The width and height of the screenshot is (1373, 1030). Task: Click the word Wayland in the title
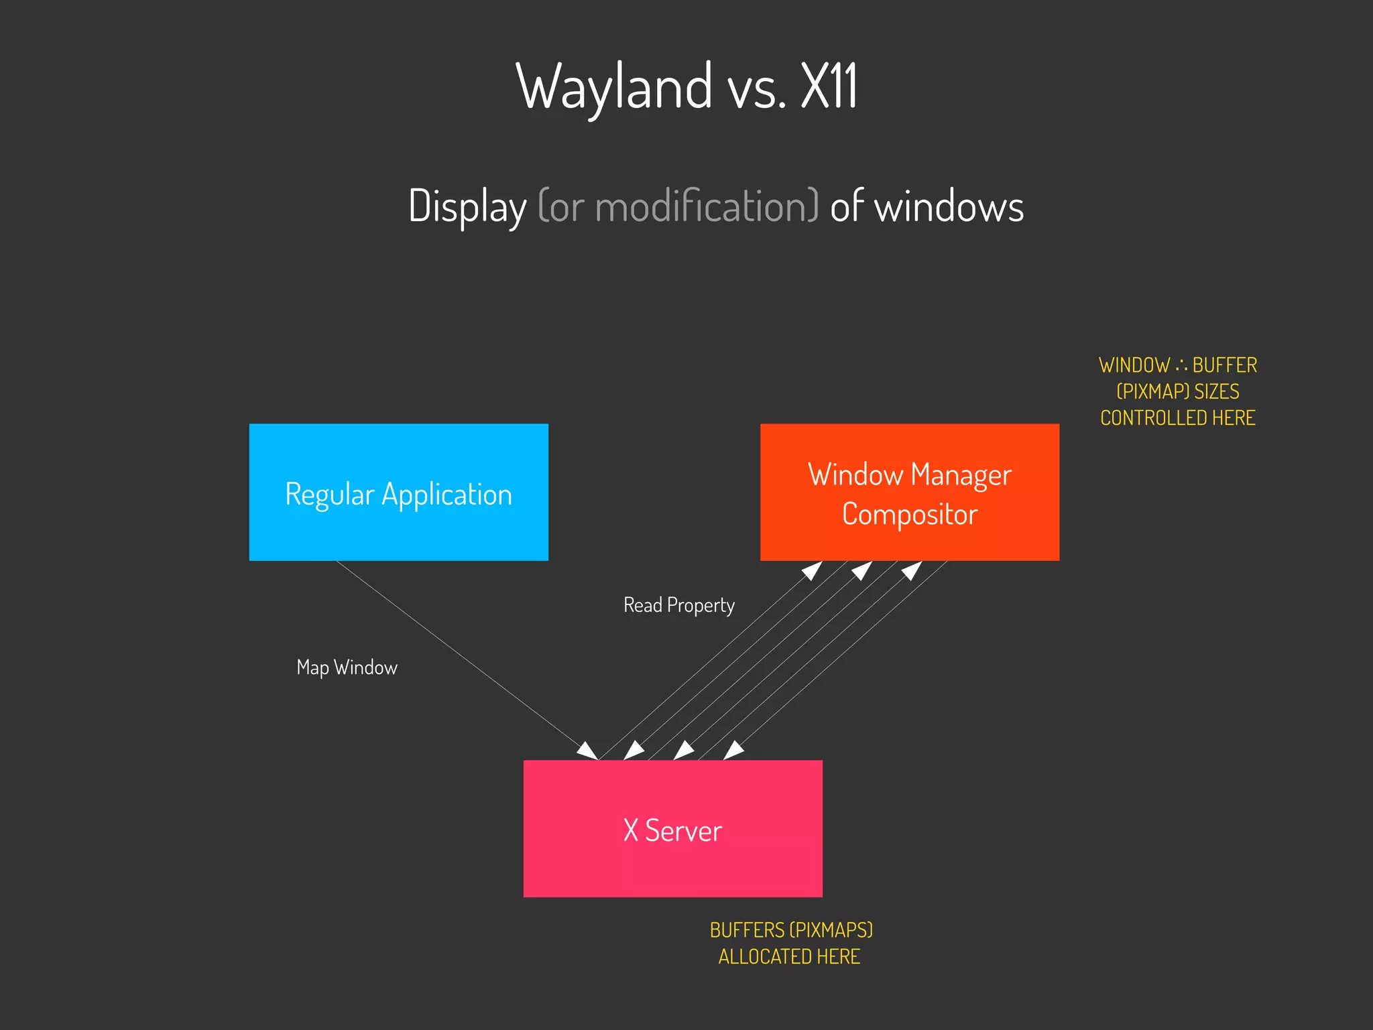[613, 87]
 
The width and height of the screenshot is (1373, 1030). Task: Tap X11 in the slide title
[829, 87]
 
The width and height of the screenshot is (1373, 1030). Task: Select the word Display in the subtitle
[467, 206]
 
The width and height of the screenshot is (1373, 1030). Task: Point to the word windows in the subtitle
[949, 207]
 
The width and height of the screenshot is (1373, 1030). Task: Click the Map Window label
[347, 667]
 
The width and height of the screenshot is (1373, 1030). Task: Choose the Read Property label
[678, 605]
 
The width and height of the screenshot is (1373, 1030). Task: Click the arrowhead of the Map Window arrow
[588, 751]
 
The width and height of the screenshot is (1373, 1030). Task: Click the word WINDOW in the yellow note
[1134, 365]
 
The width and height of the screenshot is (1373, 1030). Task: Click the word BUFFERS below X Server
[747, 930]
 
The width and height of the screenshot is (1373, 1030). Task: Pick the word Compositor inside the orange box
[909, 515]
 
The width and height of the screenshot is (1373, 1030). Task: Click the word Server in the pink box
[683, 831]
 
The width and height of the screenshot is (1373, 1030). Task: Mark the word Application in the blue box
[446, 495]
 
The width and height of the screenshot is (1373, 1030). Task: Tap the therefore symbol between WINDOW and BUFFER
[1181, 366]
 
